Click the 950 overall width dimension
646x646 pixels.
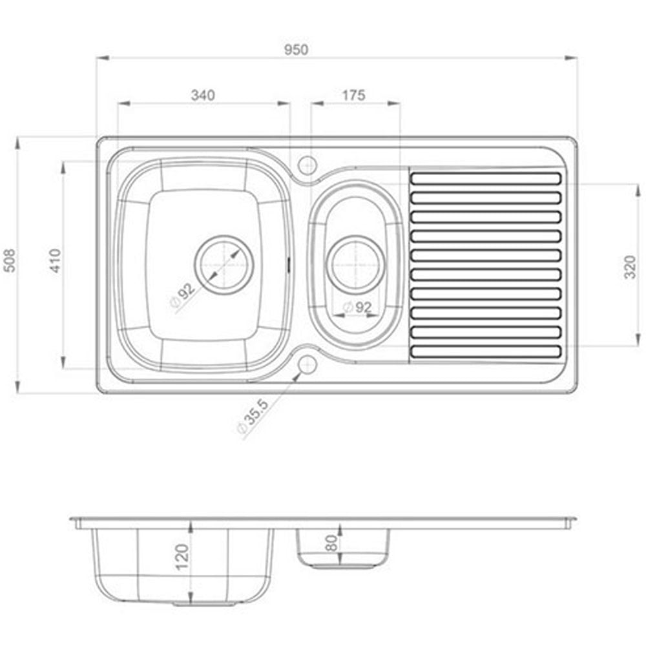coord(297,50)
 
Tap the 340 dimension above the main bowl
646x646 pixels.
coord(203,95)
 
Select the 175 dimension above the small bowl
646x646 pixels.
coord(354,95)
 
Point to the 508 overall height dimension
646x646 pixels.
coord(10,260)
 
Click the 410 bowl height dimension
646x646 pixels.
coord(55,260)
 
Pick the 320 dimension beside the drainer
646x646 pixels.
coord(630,267)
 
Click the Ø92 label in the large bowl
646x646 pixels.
coord(182,295)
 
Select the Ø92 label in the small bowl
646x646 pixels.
coord(357,307)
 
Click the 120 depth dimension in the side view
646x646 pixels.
coord(182,557)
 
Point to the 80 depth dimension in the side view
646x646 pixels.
coord(331,543)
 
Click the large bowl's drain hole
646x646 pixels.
coord(224,265)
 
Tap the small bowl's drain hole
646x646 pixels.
coord(355,264)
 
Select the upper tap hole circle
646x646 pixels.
coord(307,165)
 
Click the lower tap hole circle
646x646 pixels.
coord(307,364)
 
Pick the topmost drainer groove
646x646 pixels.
coord(486,178)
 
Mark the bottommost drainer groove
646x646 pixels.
coord(486,351)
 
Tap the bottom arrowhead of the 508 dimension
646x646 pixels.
coord(17,387)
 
